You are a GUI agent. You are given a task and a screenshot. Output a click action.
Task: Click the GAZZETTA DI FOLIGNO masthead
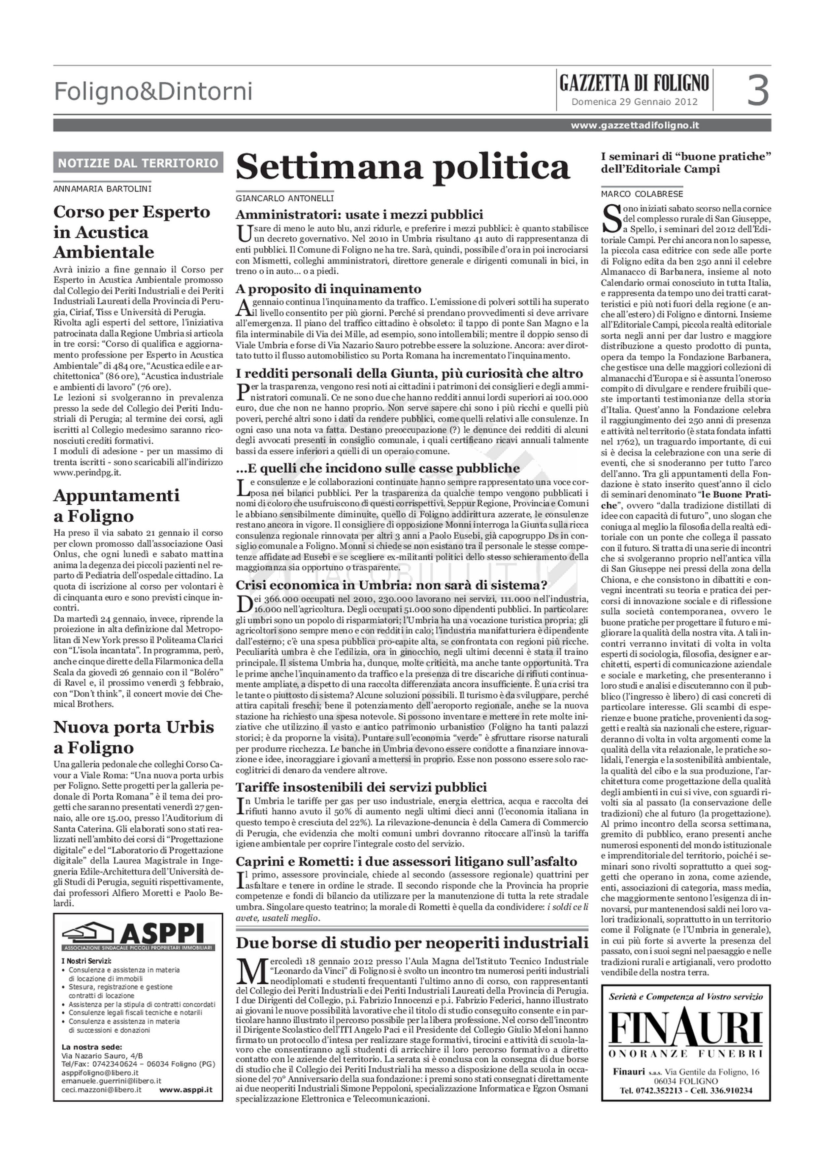click(x=634, y=83)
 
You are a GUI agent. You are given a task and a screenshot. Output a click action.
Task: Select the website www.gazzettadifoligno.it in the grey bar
click(x=635, y=125)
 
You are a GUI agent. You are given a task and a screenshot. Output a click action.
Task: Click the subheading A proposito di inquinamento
click(x=328, y=289)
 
